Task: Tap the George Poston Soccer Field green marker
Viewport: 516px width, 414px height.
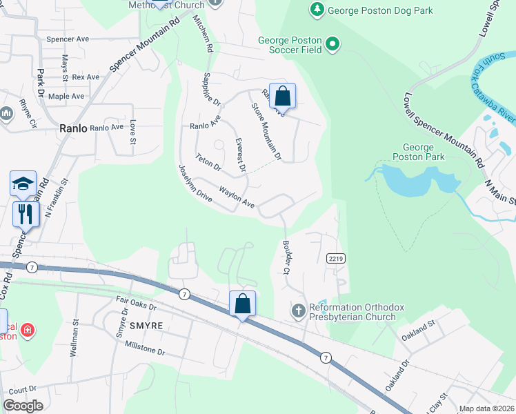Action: click(x=333, y=46)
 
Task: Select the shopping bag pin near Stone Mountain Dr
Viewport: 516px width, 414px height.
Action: click(x=282, y=96)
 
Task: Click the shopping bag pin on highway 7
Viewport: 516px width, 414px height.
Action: click(x=242, y=304)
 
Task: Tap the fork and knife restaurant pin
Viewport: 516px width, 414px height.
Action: click(x=26, y=213)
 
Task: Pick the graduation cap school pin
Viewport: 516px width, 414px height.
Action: click(x=23, y=184)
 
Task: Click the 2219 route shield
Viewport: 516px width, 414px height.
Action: click(x=335, y=257)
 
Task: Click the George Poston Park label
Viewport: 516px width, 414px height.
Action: click(x=418, y=152)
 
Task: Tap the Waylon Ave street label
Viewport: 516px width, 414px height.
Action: click(x=237, y=196)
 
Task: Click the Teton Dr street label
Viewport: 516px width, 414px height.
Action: click(x=208, y=162)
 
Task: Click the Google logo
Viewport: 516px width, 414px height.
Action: click(x=23, y=406)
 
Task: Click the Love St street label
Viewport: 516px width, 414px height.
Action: click(x=133, y=132)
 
